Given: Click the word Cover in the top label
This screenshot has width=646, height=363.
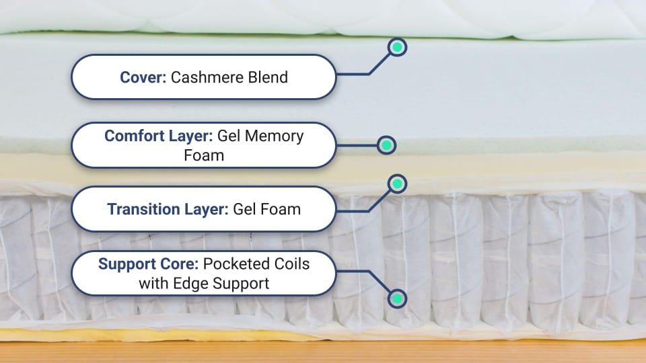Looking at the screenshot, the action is [x=143, y=77].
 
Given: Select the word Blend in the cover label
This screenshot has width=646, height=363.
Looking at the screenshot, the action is [x=268, y=77].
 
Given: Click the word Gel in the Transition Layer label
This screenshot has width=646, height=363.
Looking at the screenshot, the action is [x=244, y=209].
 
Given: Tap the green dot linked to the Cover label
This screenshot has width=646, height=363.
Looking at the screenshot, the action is [x=397, y=47].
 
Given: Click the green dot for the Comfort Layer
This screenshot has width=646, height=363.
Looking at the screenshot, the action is [x=386, y=145].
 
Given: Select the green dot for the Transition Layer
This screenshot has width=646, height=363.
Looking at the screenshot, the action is [x=397, y=184].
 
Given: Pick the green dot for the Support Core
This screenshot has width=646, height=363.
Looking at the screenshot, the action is [x=397, y=298].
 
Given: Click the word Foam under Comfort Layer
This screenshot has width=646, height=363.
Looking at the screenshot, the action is [x=204, y=155].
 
